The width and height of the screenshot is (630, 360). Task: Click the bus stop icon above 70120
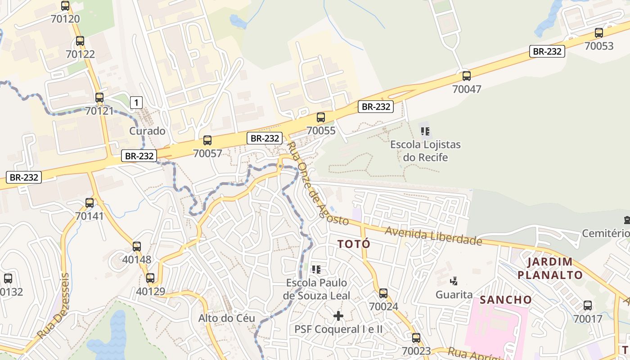coord(65,6)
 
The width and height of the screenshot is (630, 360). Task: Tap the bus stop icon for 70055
coord(321,117)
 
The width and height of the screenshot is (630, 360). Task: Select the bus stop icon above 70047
coord(467,76)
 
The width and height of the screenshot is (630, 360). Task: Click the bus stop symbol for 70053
coord(599,33)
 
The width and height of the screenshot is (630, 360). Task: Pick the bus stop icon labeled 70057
coord(207,140)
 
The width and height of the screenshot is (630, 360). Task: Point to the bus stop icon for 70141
coord(90,203)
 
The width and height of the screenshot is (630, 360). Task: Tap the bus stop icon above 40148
coord(137,247)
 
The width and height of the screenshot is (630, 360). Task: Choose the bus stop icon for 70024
coord(383,293)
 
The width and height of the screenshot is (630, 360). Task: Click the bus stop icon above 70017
coord(588,306)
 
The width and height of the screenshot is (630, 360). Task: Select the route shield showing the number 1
coord(136,103)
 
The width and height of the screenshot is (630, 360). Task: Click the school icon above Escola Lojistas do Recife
coord(425,131)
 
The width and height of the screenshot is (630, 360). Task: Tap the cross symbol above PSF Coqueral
coord(338,316)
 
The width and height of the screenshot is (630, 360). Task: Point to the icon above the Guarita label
coord(454,281)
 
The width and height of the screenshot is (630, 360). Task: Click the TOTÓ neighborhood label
coord(354,244)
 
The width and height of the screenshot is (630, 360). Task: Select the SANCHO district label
coord(506,300)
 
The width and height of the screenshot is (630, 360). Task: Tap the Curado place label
coord(147,131)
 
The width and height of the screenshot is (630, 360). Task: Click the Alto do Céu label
coord(227,318)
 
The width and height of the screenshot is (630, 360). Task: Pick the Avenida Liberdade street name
coord(433,236)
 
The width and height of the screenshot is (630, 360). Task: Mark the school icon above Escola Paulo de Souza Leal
coord(316,270)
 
